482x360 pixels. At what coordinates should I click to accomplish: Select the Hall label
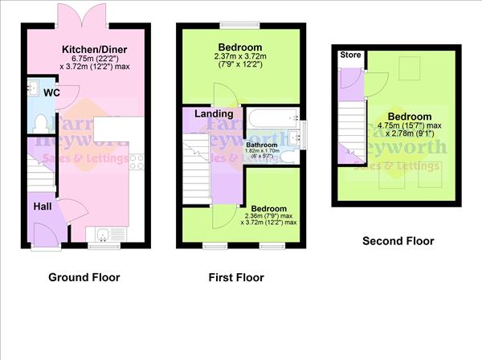coord(43,207)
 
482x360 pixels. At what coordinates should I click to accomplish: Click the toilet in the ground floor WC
coord(40,123)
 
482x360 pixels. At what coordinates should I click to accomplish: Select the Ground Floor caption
coord(84,278)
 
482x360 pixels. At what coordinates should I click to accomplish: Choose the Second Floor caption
coord(398,240)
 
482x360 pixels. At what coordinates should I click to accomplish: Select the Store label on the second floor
coord(350,55)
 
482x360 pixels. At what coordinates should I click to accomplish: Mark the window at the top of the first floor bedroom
coord(240,23)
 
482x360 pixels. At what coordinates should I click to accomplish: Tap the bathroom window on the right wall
coord(303,131)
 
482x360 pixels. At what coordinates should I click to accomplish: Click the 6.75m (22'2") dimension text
coord(96,59)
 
